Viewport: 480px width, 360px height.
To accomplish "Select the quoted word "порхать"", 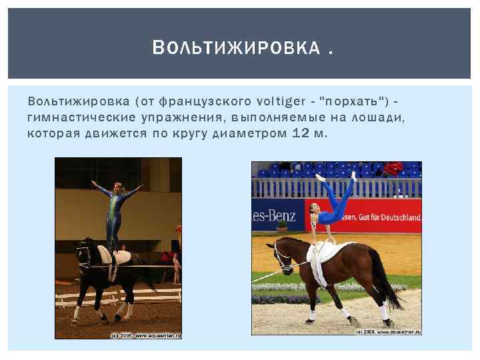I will point(351,101).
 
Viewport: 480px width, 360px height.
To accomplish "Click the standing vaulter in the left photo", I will point(117,213).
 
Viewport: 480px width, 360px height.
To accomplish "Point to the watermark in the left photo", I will point(147,335).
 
